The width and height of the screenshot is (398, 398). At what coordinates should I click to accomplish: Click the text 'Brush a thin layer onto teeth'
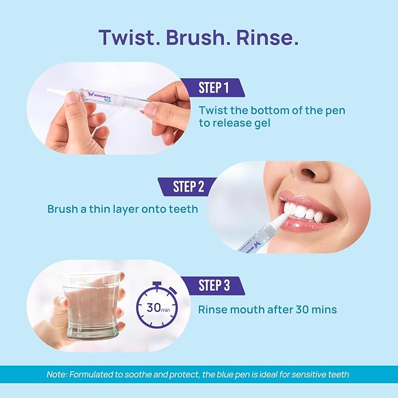click(123, 209)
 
